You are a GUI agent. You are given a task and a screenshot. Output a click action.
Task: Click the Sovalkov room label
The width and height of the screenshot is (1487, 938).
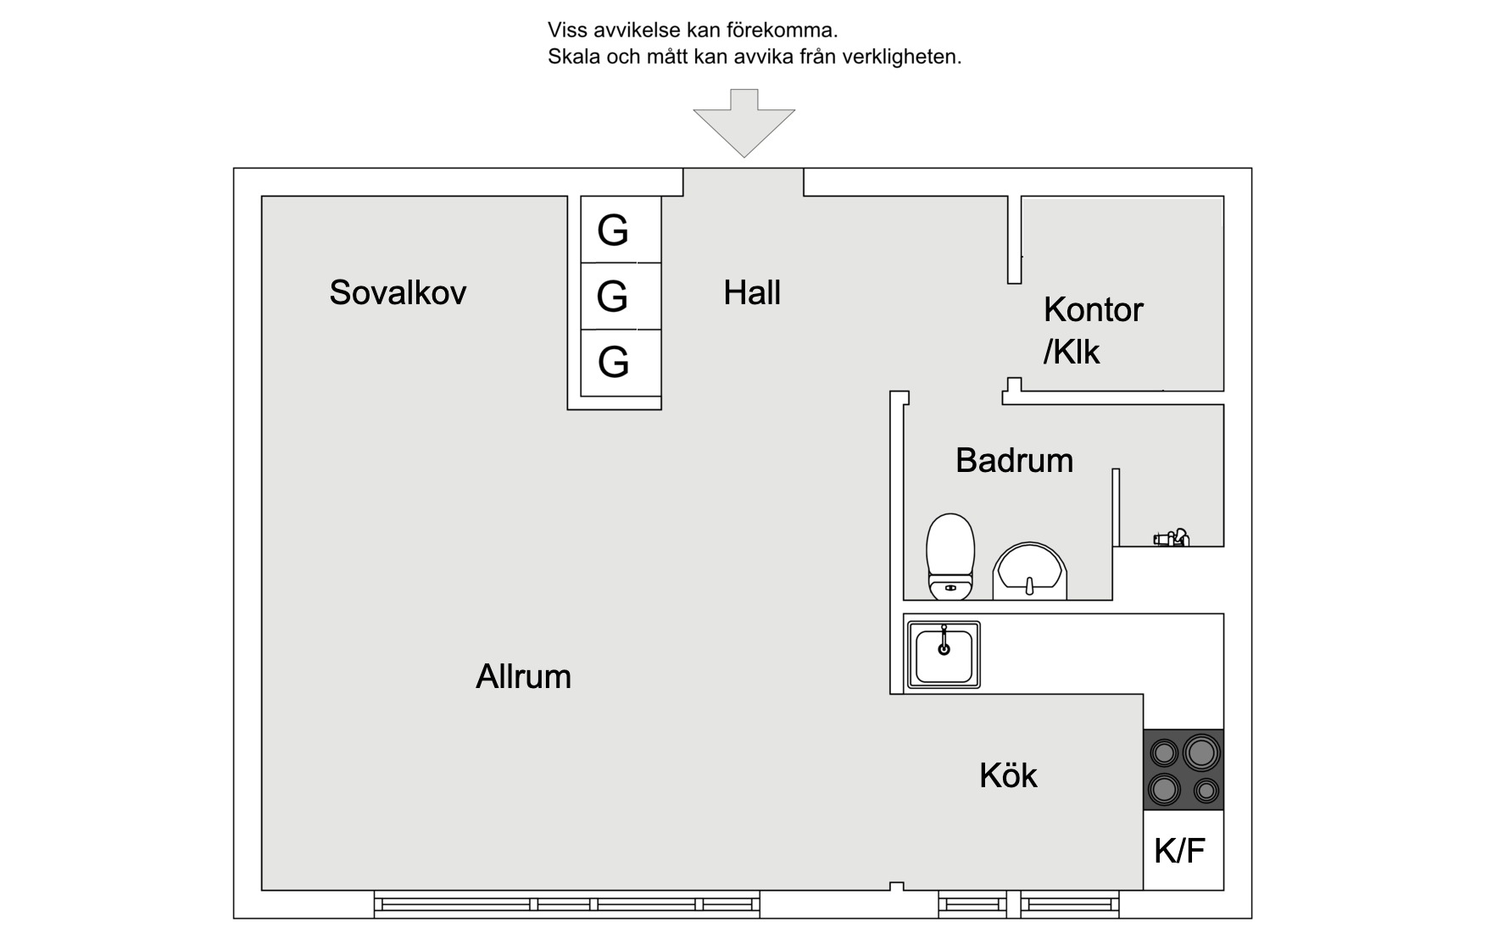coord(398,292)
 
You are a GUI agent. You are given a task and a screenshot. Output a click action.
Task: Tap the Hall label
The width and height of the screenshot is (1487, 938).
coord(752,292)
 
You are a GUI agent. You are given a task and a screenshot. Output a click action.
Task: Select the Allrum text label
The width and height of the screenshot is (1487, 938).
coord(523,676)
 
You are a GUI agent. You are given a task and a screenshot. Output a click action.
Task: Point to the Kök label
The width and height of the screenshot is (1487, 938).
coord(1008,775)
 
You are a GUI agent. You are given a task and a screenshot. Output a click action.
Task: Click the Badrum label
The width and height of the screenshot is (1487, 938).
coord(1014,460)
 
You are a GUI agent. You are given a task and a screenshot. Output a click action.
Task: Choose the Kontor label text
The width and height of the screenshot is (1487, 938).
coord(1093,309)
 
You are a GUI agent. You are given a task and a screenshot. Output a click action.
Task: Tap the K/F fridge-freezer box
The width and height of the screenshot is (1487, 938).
coord(1183,850)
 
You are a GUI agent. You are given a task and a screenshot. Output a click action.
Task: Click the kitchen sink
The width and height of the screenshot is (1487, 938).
coord(944,654)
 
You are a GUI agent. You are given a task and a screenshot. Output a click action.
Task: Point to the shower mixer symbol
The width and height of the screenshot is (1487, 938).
coord(1171,537)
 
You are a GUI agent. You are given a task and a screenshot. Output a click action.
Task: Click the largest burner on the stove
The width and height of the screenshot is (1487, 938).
coord(1201,752)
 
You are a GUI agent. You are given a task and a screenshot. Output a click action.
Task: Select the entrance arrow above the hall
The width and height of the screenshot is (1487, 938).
coord(744,123)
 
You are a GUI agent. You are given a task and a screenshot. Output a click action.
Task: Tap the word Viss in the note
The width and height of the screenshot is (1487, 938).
coord(566,31)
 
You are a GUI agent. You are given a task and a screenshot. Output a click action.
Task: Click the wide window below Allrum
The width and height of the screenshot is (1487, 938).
coord(567,904)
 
